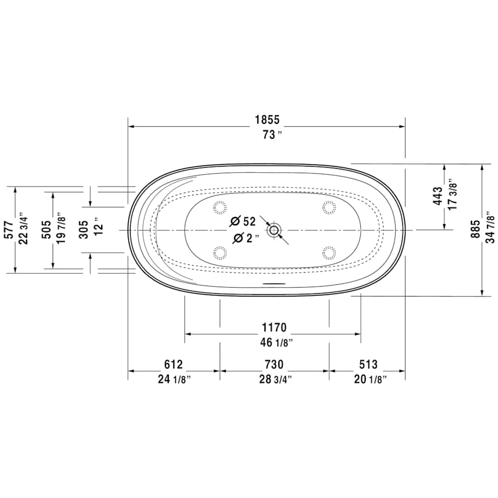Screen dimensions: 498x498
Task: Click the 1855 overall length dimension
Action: click(x=267, y=120)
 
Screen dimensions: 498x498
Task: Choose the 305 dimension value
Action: click(x=82, y=227)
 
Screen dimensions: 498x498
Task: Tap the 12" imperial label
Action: click(x=98, y=227)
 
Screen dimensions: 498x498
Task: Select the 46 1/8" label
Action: click(x=274, y=343)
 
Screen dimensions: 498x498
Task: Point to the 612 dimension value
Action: click(x=173, y=365)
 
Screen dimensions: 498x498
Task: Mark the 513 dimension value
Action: click(x=367, y=365)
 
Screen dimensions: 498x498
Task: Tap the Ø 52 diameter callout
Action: click(x=243, y=221)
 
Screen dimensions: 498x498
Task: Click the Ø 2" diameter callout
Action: click(x=243, y=238)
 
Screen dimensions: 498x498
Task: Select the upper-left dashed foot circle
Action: click(x=220, y=207)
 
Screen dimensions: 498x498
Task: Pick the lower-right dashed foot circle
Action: click(x=329, y=253)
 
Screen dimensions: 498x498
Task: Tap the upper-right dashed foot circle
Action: click(x=329, y=207)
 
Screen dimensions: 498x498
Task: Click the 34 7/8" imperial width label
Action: click(x=489, y=227)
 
